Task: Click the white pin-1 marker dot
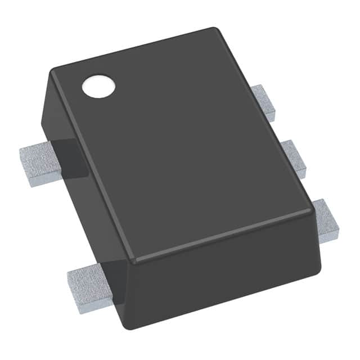coord(98,86)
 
